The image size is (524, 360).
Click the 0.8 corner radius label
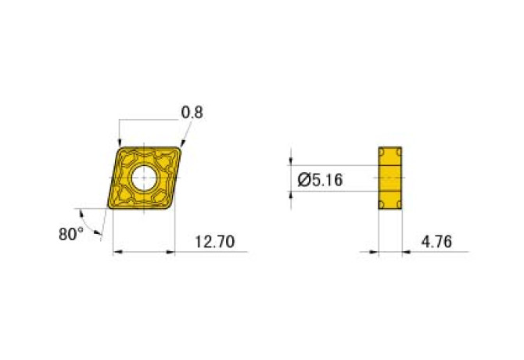192,113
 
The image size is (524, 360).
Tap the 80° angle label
70,233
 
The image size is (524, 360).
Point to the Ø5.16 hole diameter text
320,181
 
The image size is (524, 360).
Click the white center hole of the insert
144,178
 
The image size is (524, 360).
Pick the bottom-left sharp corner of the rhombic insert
109,208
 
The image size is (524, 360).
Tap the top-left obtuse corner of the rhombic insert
119,146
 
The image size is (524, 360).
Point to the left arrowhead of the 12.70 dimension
117,252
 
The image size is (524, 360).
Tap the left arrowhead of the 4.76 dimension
375,252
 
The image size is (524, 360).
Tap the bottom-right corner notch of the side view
400,205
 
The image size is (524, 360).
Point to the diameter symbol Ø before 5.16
303,181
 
